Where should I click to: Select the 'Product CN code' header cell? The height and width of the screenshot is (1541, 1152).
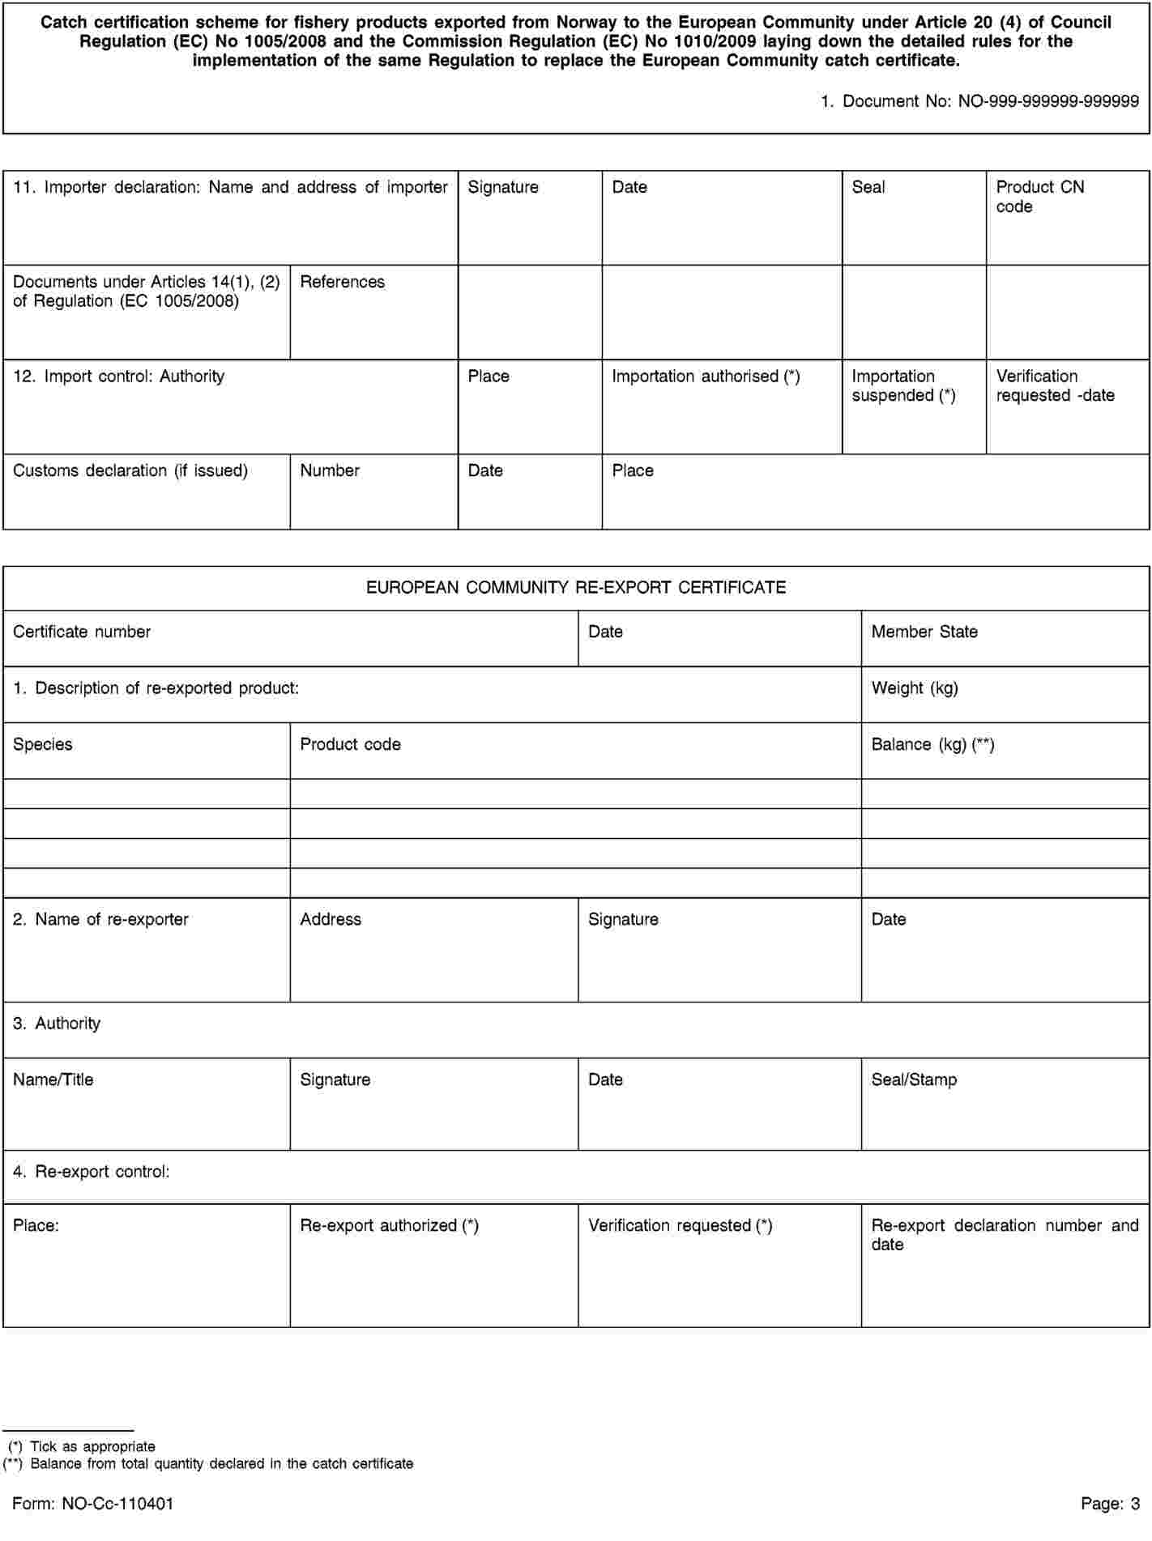pyautogui.click(x=1039, y=197)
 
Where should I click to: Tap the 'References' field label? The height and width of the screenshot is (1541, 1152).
pyautogui.click(x=342, y=282)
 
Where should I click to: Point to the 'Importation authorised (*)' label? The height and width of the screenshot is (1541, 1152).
pyautogui.click(x=706, y=377)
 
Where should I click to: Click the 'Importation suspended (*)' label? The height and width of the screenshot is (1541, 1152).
pyautogui.click(x=903, y=386)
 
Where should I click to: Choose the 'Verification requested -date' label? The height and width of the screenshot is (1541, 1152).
pyautogui.click(x=1055, y=386)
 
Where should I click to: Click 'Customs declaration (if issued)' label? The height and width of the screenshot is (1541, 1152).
pyautogui.click(x=130, y=470)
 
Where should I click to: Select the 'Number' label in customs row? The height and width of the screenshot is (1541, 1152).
pyautogui.click(x=330, y=470)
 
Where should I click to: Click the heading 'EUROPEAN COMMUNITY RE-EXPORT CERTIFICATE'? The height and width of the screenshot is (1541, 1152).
pyautogui.click(x=576, y=588)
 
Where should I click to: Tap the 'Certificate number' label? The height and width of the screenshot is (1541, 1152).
pyautogui.click(x=82, y=632)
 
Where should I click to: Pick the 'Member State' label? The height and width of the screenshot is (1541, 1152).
pyautogui.click(x=924, y=632)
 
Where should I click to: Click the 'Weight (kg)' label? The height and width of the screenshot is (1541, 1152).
pyautogui.click(x=915, y=688)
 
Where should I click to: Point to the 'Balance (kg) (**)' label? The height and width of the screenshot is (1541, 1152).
pyautogui.click(x=932, y=745)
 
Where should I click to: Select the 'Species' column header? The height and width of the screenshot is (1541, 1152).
pyautogui.click(x=43, y=745)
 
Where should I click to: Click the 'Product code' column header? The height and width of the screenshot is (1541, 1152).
pyautogui.click(x=350, y=745)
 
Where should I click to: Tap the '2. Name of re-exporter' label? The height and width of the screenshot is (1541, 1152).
pyautogui.click(x=100, y=920)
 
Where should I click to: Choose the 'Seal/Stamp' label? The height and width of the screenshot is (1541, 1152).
pyautogui.click(x=914, y=1080)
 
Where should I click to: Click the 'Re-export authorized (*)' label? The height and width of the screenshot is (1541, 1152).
pyautogui.click(x=389, y=1226)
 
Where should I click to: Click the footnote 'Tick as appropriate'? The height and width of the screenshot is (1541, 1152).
pyautogui.click(x=92, y=1446)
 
